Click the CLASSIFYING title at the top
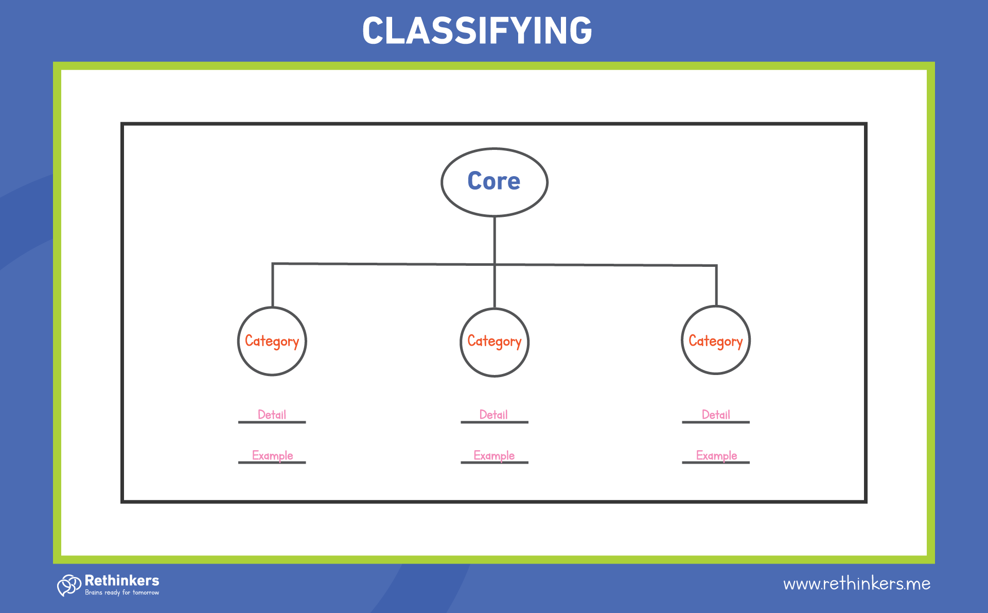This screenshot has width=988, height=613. click(477, 30)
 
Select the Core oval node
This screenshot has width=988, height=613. click(494, 182)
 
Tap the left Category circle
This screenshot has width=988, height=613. click(272, 341)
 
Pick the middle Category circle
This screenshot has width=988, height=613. click(494, 342)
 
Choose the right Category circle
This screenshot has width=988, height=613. click(715, 340)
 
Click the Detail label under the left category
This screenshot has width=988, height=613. click(272, 415)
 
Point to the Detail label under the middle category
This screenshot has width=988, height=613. click(493, 415)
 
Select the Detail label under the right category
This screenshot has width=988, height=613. click(716, 415)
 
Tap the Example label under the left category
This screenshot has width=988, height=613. click(272, 455)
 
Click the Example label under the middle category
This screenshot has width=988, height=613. click(494, 455)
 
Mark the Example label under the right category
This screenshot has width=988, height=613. click(716, 455)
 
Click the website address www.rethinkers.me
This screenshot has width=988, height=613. click(856, 584)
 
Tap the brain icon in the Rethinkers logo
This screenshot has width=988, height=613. click(69, 585)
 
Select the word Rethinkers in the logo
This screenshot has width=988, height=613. click(122, 581)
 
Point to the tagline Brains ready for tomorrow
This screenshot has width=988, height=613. click(122, 593)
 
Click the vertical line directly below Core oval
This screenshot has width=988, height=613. click(495, 240)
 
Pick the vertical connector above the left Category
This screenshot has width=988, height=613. click(273, 286)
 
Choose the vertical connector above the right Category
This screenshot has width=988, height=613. click(716, 286)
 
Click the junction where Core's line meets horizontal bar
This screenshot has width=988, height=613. click(495, 265)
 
